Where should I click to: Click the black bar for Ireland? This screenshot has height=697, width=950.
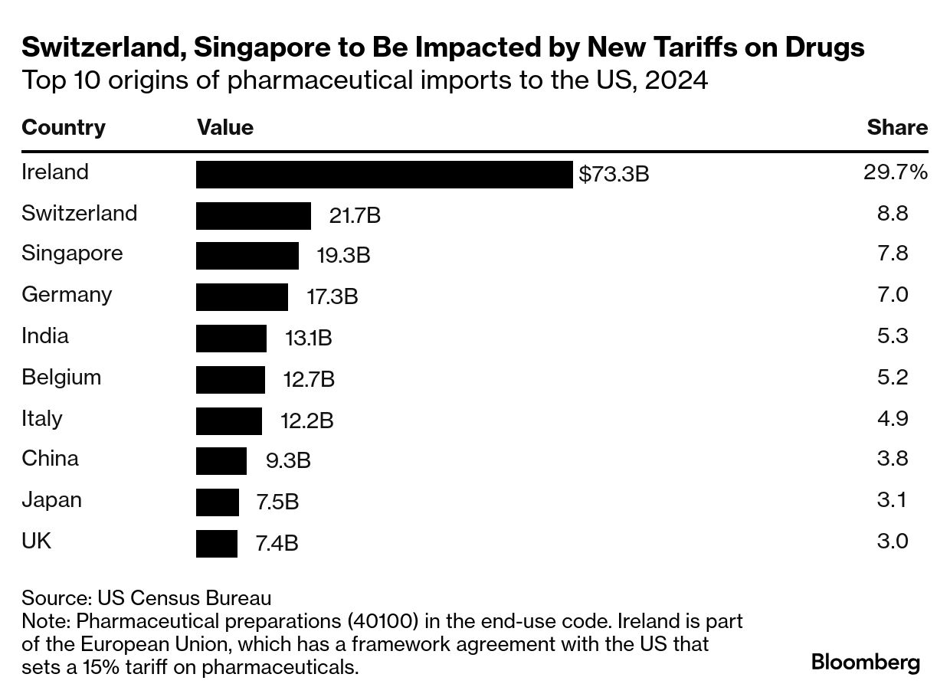coord(384,175)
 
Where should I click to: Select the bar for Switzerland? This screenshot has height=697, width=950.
coord(254,216)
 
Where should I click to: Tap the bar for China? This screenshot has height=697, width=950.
coord(221,461)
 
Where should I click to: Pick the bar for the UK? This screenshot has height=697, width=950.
coord(217,544)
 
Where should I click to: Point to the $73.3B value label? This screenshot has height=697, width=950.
coord(614,175)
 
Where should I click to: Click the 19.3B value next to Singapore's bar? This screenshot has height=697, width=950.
coord(343,256)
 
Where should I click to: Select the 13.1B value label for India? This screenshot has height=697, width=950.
coord(308,338)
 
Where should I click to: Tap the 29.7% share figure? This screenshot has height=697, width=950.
coord(895,172)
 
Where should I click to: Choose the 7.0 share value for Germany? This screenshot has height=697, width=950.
coord(893,295)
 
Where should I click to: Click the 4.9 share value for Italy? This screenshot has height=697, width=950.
coord(893,418)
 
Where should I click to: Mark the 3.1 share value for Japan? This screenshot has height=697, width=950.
coord(893,500)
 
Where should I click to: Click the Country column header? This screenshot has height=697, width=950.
coord(64,127)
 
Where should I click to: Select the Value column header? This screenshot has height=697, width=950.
coord(225,127)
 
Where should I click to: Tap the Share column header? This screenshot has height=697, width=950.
coord(897,127)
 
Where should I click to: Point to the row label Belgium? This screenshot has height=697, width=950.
coord(61,377)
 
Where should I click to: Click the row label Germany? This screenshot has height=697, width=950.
coord(67,295)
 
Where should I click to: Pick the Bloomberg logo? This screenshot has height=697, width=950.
coord(866,662)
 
